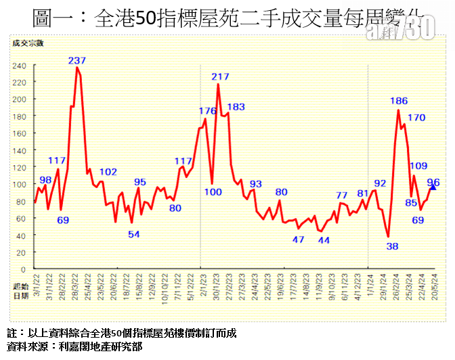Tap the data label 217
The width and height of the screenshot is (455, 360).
[x=220, y=77]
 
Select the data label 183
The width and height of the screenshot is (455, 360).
[x=236, y=106]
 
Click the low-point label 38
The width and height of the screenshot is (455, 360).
[x=392, y=246]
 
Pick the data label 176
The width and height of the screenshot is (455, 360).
[x=207, y=110]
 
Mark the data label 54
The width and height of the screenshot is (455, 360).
[x=134, y=234]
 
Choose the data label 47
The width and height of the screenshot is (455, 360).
[x=299, y=239]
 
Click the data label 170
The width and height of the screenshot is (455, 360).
[x=416, y=117]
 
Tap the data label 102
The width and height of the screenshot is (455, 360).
[x=108, y=171]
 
